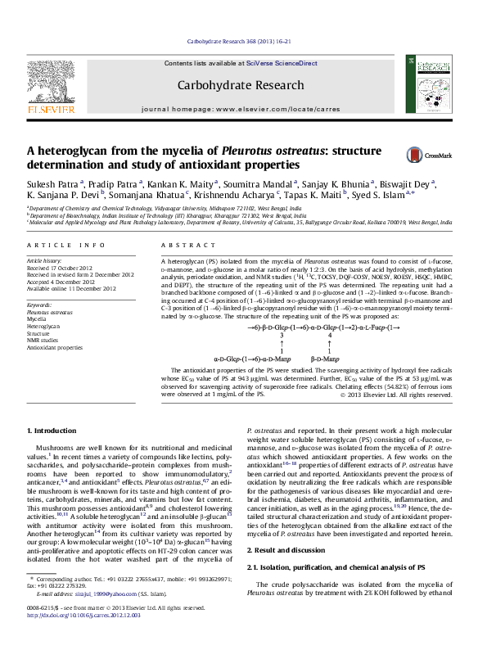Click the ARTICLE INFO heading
click(65, 246)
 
